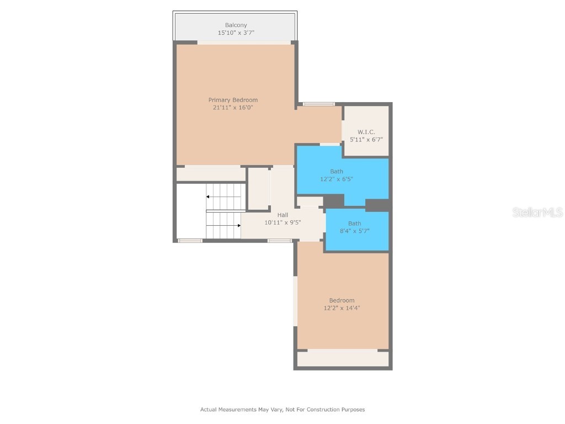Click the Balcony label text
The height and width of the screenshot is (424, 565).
pos(236,25)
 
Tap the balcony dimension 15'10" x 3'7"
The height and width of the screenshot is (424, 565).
pos(236,33)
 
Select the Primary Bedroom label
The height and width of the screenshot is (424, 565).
pos(233,100)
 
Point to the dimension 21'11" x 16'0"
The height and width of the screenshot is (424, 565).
pos(233,108)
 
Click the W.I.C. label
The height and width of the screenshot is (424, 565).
pos(366,132)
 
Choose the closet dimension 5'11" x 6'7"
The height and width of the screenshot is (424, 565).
pos(366,140)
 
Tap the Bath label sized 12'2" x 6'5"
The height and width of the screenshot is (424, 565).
pos(337,172)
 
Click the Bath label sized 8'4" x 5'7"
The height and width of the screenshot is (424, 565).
pos(354,224)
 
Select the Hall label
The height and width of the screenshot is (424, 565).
pos(282,215)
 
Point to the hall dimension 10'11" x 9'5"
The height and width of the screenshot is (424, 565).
pos(282,222)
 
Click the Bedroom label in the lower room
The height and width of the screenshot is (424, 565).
pos(342,300)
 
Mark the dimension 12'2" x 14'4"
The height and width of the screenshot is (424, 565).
pos(342,308)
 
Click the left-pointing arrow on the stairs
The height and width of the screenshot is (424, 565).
pos(209,197)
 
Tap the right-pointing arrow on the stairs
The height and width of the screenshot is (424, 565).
pos(238,225)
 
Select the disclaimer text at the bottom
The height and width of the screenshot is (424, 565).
pos(282,410)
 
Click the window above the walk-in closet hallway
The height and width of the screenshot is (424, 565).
pos(318,104)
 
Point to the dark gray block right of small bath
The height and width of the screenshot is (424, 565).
pos(377,205)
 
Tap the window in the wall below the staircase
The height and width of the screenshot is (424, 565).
pos(190,240)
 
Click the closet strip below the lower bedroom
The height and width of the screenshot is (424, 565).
pos(343,359)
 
